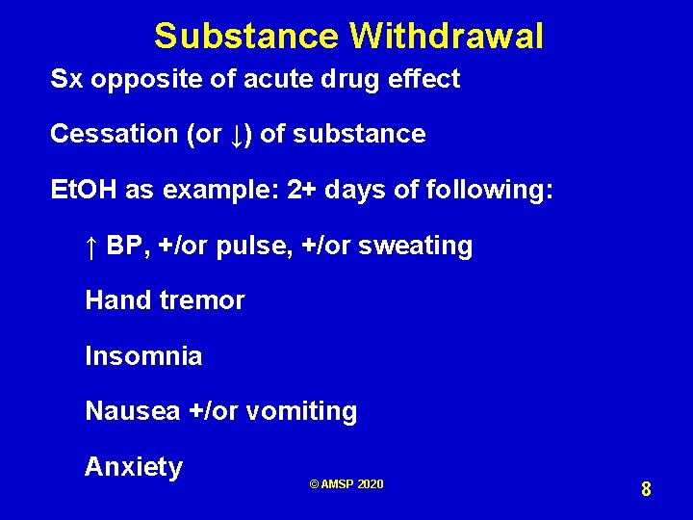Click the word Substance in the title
245,37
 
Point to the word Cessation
114,134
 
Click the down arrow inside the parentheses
237,135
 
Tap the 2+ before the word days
302,190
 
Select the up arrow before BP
91,247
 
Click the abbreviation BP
123,246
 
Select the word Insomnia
143,356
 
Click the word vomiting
301,412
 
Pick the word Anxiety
134,467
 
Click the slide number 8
646,489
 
